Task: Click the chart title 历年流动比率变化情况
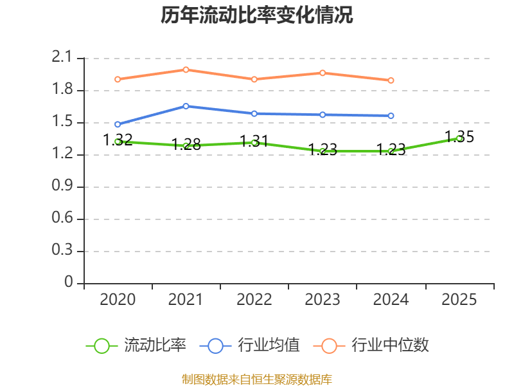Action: pyautogui.click(x=257, y=15)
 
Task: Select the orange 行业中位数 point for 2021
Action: pyautogui.click(x=186, y=69)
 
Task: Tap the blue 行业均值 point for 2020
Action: pyautogui.click(x=118, y=124)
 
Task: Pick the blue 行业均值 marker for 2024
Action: pyautogui.click(x=391, y=116)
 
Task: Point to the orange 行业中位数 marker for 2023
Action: pyautogui.click(x=323, y=73)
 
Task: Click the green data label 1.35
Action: pyautogui.click(x=459, y=136)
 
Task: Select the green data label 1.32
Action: pyautogui.click(x=118, y=140)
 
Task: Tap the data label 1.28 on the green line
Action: pyautogui.click(x=186, y=144)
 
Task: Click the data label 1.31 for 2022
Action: pyautogui.click(x=254, y=141)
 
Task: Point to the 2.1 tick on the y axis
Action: pyautogui.click(x=62, y=57)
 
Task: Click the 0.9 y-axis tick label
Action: pyautogui.click(x=62, y=186)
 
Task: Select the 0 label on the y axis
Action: pyautogui.click(x=69, y=282)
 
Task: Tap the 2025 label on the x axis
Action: pyautogui.click(x=459, y=299)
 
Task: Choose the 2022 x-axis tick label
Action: pyautogui.click(x=254, y=299)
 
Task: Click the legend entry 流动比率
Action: pyautogui.click(x=136, y=345)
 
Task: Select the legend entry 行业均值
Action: pyautogui.click(x=250, y=345)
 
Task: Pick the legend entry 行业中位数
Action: pyautogui.click(x=371, y=345)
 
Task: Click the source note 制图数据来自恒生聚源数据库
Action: pyautogui.click(x=257, y=380)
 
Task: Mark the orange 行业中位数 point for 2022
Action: pyautogui.click(x=254, y=79)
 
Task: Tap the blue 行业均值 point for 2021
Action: pyautogui.click(x=186, y=106)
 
